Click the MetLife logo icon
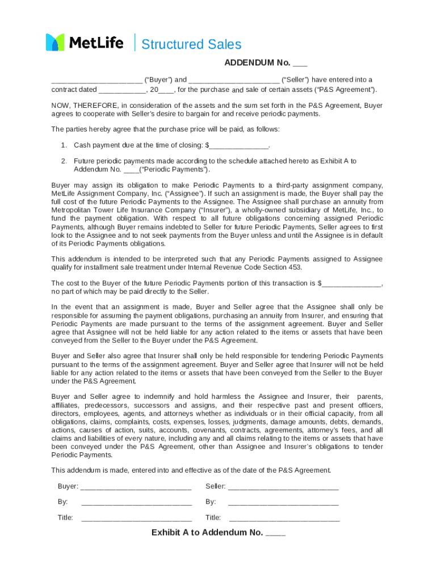coord(55,43)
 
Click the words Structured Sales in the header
coord(191,44)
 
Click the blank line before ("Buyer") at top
coord(96,80)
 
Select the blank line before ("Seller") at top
coord(233,80)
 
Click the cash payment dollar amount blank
coord(238,145)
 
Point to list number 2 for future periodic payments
coord(64,161)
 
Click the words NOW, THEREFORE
coord(84,106)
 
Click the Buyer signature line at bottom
coord(136,487)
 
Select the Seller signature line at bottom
coord(283,487)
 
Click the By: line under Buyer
coord(136,502)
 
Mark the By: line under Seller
coord(283,502)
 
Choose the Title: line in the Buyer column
coord(136,517)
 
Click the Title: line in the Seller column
coord(284,517)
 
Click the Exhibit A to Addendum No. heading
coord(218,533)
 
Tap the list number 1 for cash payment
coord(64,145)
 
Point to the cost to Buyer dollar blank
coord(352,283)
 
